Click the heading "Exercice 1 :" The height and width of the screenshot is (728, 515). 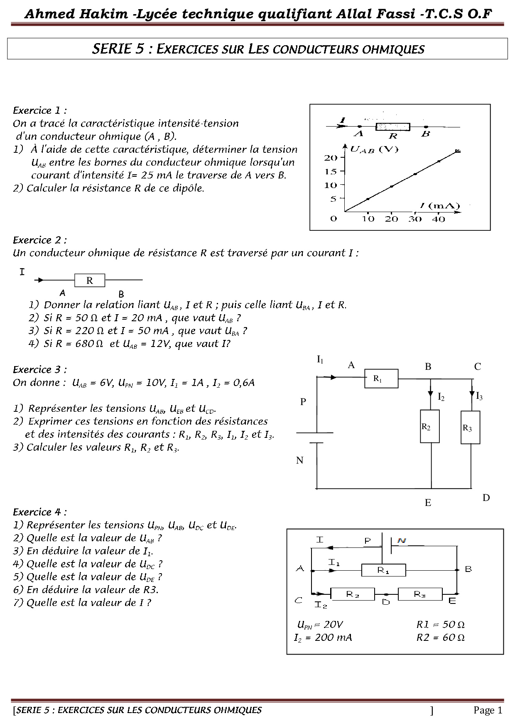pyautogui.click(x=40, y=111)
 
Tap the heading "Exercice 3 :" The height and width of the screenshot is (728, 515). pyautogui.click(x=40, y=370)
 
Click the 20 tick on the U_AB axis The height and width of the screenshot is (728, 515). pyautogui.click(x=331, y=158)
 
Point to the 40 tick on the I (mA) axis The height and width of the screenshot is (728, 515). pyautogui.click(x=439, y=219)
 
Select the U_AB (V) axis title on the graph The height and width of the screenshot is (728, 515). pyautogui.click(x=374, y=149)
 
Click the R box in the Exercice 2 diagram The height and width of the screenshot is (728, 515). pyautogui.click(x=90, y=281)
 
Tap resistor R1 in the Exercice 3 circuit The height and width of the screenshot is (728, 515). pyautogui.click(x=381, y=379)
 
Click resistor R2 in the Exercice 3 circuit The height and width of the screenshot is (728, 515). pyautogui.click(x=429, y=426)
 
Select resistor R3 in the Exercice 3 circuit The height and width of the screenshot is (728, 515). pyautogui.click(x=470, y=428)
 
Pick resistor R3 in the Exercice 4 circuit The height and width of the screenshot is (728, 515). pyautogui.click(x=420, y=594)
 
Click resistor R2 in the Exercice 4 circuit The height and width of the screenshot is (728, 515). pyautogui.click(x=352, y=594)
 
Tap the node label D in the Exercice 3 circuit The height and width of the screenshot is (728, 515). pyautogui.click(x=486, y=498)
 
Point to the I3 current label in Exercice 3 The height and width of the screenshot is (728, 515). pyautogui.click(x=479, y=396)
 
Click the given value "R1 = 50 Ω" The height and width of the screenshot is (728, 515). pyautogui.click(x=440, y=625)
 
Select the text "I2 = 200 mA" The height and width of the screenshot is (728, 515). pyautogui.click(x=323, y=638)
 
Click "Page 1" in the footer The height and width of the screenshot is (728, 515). pyautogui.click(x=488, y=711)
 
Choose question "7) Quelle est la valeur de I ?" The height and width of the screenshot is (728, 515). pyautogui.click(x=82, y=603)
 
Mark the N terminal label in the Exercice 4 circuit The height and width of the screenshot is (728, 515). pyautogui.click(x=402, y=540)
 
